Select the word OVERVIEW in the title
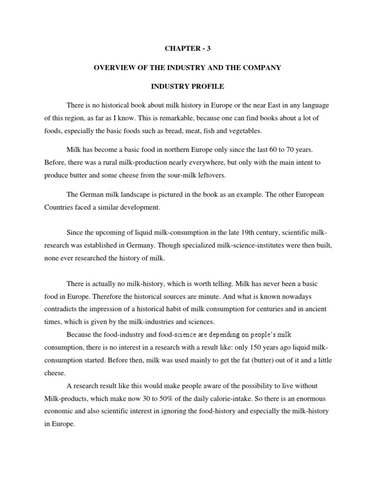click(x=114, y=68)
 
